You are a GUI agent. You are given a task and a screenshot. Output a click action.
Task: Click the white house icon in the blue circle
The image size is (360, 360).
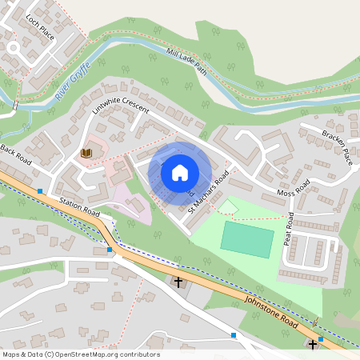pos(180,172)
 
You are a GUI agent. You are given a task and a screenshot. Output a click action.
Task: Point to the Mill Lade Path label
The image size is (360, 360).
pos(186,62)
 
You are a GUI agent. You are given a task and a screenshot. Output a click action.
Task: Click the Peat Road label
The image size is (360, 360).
pos(290,230)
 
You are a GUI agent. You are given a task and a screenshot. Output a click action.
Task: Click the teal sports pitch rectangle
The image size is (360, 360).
pos(246,240)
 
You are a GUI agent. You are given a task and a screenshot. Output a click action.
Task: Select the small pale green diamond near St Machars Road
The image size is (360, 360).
pos(228,207)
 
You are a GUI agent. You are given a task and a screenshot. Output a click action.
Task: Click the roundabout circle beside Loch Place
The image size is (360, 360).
pos(12,47)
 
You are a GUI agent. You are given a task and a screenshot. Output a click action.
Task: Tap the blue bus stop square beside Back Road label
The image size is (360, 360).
pos(40,190)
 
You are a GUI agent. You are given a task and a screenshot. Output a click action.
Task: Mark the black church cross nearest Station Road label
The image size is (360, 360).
pos(178,282)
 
